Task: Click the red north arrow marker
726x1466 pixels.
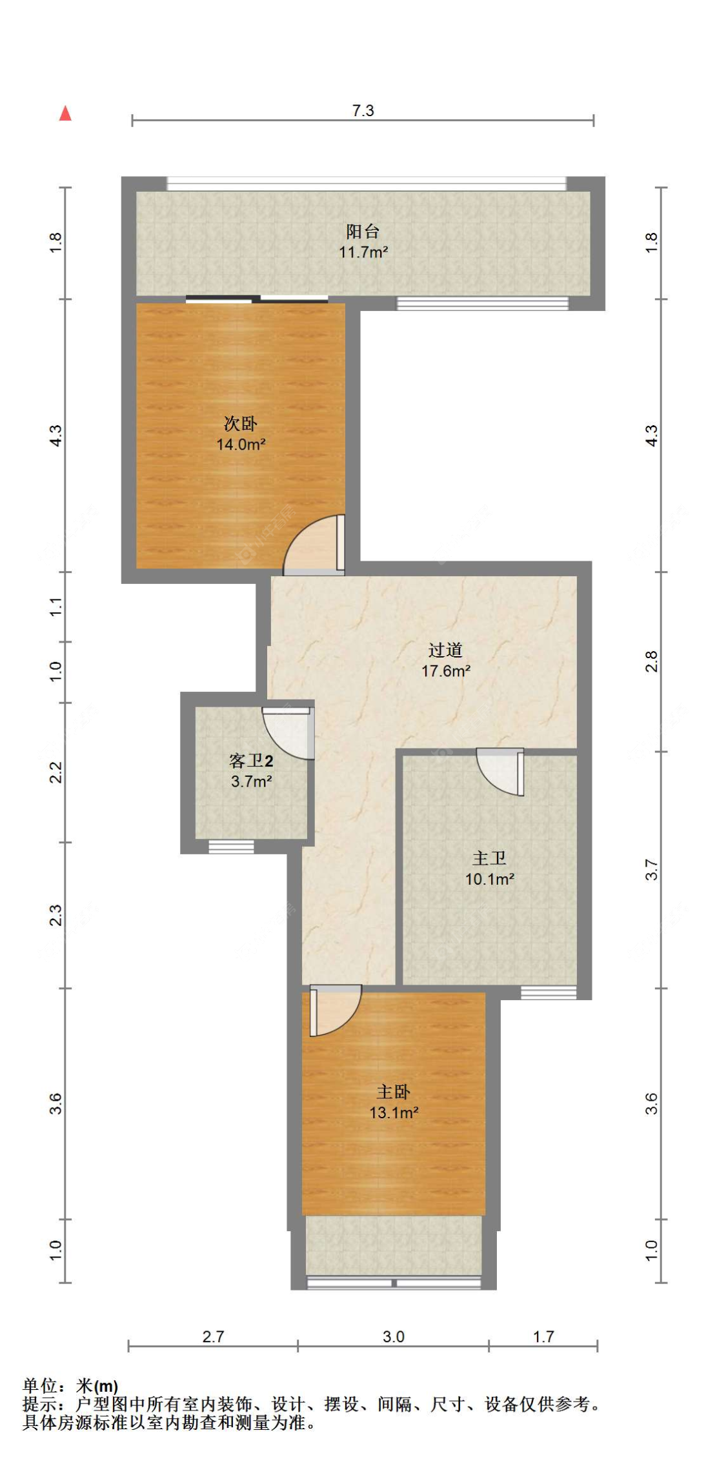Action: point(65,114)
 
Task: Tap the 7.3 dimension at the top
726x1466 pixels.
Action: point(363,110)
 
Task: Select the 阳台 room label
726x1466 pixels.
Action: point(363,231)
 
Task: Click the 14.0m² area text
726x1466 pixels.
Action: point(241,444)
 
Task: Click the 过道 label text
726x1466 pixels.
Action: point(445,650)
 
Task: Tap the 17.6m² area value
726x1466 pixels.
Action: point(445,671)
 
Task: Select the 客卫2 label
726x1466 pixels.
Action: point(251,761)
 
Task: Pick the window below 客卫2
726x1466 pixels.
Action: point(231,847)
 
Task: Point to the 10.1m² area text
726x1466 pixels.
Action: point(489,879)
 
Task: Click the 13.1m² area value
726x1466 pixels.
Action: point(394,1112)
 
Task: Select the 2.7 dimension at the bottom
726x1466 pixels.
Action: point(213,1336)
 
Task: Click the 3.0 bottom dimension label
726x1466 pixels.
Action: point(393,1336)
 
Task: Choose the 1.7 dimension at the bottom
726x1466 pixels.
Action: point(543,1336)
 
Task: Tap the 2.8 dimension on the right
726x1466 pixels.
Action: point(652,661)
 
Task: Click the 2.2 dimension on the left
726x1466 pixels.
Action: point(57,772)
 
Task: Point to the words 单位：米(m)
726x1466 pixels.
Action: point(70,1386)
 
